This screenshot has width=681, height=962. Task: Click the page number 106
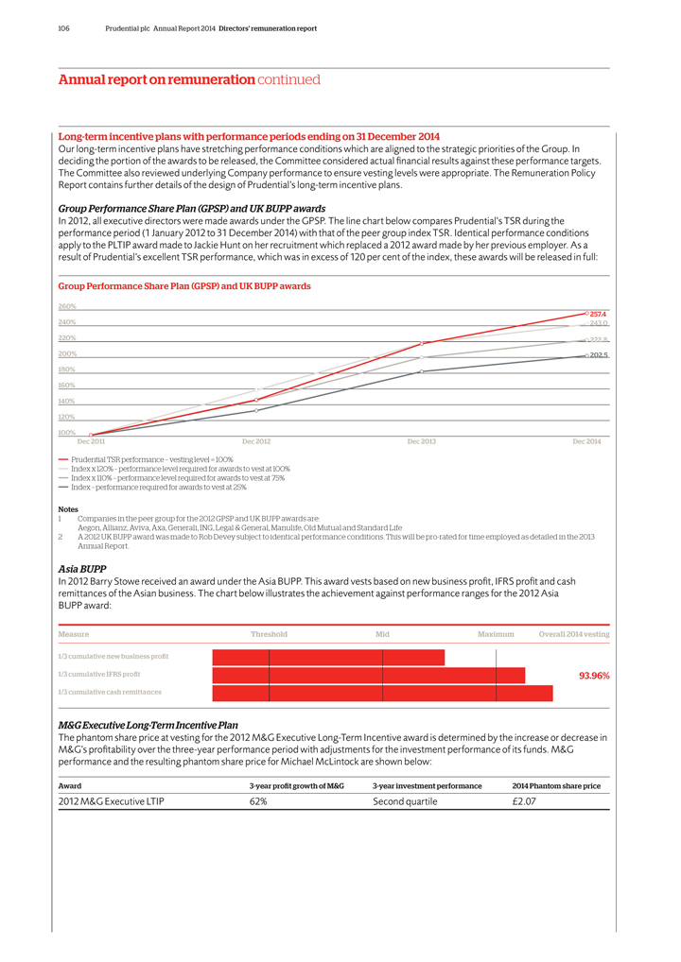[x=64, y=29]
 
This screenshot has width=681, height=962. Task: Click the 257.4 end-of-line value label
[x=598, y=314]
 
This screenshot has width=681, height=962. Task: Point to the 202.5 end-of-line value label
[x=598, y=355]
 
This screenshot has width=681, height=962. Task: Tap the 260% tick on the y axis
[x=67, y=306]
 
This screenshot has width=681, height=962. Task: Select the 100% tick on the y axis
[x=67, y=433]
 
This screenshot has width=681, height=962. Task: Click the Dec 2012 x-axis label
[x=256, y=441]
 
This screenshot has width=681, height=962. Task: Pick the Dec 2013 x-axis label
[x=421, y=441]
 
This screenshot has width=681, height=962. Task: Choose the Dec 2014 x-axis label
[x=586, y=441]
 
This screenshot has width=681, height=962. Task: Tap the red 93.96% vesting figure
[x=593, y=676]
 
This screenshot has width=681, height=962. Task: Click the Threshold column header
[x=269, y=634]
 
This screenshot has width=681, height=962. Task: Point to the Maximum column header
[x=496, y=634]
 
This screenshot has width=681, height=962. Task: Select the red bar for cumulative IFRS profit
[x=369, y=676]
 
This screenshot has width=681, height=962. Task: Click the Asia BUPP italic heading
[x=89, y=569]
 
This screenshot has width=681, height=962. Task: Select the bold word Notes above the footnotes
[x=68, y=509]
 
